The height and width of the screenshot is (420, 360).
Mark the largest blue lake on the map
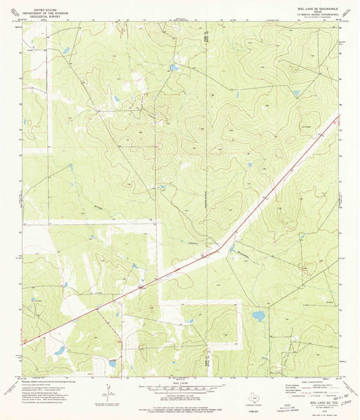[259, 315]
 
